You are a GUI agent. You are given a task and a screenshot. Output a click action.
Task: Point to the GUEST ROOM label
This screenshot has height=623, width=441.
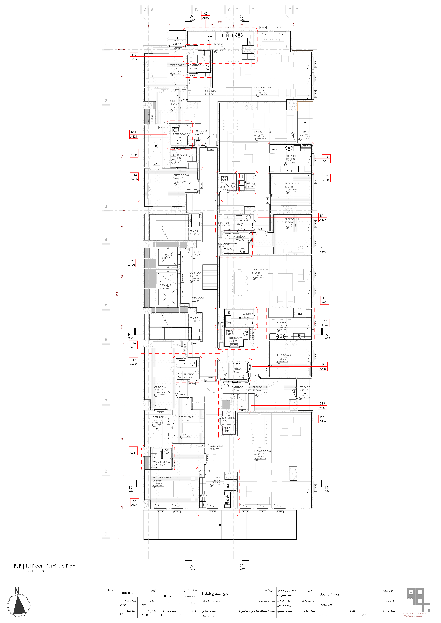pyautogui.click(x=181, y=175)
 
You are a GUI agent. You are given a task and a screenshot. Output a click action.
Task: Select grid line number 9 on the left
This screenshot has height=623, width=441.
pyautogui.click(x=106, y=534)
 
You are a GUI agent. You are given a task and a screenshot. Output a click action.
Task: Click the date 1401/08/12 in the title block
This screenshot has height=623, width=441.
pyautogui.click(x=127, y=593)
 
